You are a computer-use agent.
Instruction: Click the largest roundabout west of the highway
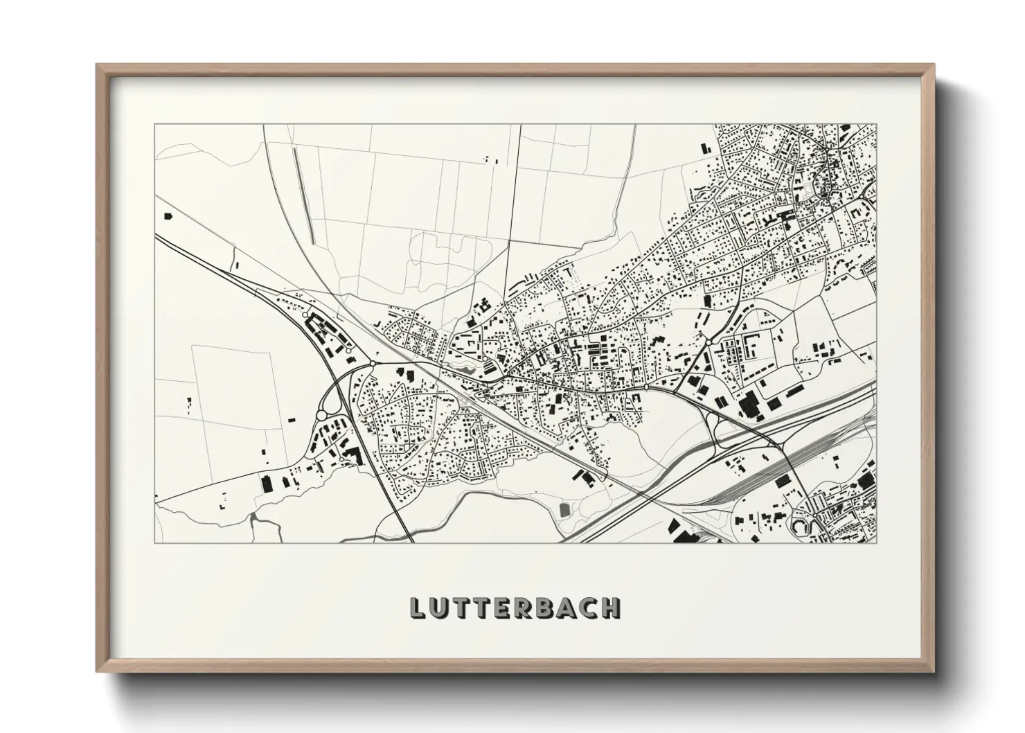coord(321,415)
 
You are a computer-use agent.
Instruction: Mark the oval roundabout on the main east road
coord(645,388)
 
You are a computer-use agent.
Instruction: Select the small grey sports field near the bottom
coord(564,510)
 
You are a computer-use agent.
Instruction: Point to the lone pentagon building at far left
coord(167,216)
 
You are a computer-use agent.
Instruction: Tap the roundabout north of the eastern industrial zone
coord(710,342)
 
